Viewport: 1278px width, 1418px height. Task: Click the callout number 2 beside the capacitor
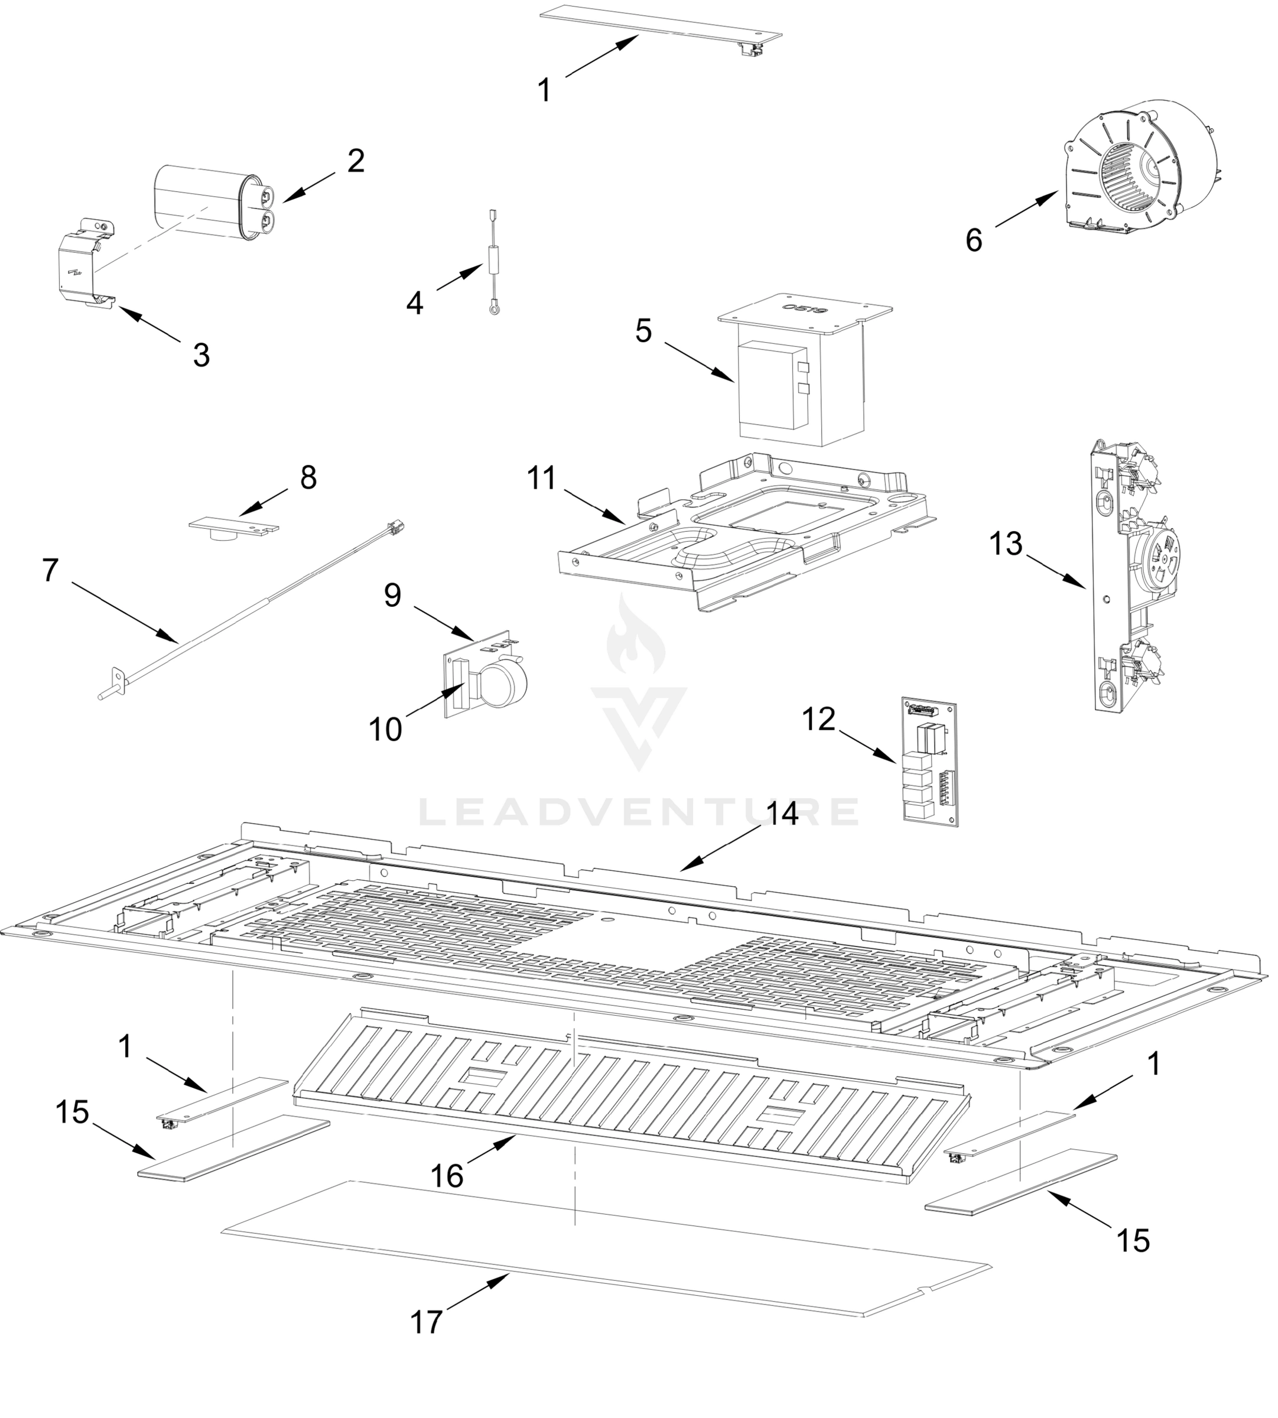(356, 161)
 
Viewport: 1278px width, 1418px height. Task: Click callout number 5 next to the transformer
(643, 331)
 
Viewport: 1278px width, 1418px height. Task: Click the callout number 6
(973, 241)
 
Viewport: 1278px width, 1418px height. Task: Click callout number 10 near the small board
(385, 730)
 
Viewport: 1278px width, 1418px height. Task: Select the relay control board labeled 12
(929, 762)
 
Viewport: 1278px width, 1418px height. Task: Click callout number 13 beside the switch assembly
(1006, 544)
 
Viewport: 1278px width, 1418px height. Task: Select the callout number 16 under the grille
(447, 1176)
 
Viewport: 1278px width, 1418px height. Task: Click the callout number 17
(426, 1322)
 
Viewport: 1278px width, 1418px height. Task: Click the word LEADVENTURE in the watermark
(638, 812)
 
